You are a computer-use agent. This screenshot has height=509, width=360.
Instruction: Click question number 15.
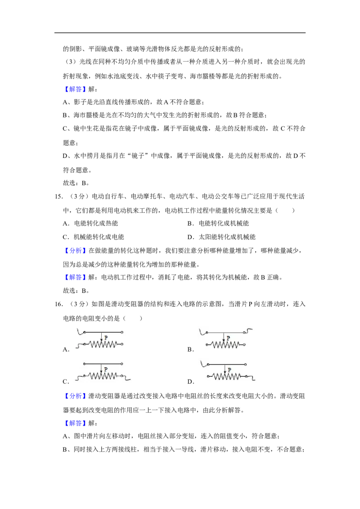pyautogui.click(x=58, y=196)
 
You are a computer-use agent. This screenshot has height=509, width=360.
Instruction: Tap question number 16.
pyautogui.click(x=58, y=304)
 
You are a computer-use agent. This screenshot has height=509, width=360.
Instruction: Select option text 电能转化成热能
pyautogui.click(x=96, y=223)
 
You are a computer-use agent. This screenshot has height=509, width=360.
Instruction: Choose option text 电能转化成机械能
pyautogui.click(x=224, y=223)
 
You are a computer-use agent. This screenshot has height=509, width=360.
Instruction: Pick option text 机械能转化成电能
pyautogui.click(x=99, y=237)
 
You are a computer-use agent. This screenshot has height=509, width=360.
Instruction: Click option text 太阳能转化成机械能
pyautogui.click(x=227, y=237)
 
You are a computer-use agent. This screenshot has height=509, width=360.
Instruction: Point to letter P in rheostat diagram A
pyautogui.click(x=106, y=338)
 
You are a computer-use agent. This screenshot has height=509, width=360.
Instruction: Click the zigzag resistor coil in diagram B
pyautogui.click(x=226, y=344)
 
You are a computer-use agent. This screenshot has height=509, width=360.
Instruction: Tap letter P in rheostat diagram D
pyautogui.click(x=229, y=370)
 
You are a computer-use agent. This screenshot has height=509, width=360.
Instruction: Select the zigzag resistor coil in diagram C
pyautogui.click(x=103, y=376)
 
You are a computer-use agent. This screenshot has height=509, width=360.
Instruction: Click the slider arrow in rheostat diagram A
pyautogui.click(x=101, y=336)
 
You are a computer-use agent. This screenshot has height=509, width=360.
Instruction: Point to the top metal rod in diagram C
pyautogui.click(x=103, y=364)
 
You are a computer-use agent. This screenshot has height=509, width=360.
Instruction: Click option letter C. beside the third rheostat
pyautogui.click(x=66, y=382)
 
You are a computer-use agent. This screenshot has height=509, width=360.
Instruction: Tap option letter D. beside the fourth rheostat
pyautogui.click(x=191, y=382)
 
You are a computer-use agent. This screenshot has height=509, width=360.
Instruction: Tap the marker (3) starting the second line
pyautogui.click(x=71, y=62)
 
